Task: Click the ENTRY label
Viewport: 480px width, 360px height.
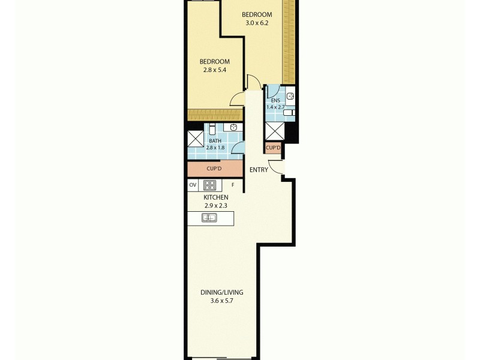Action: click(259, 170)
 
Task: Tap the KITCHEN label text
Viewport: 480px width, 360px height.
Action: click(215, 197)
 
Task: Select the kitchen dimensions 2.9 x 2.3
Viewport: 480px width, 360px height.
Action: click(215, 205)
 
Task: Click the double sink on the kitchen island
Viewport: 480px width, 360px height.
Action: click(209, 218)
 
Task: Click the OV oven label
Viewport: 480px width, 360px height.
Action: click(193, 185)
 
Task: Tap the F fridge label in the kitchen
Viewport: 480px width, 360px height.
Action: click(233, 185)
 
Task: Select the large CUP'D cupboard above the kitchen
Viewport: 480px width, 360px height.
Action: click(215, 169)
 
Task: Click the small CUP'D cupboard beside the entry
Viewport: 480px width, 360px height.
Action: click(273, 147)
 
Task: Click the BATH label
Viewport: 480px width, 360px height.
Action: click(215, 140)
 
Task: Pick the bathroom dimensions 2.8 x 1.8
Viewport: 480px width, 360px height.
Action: click(215, 147)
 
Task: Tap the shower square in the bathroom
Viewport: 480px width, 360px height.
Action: click(196, 139)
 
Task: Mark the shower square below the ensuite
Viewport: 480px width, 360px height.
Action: click(274, 131)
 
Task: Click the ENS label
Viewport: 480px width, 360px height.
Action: click(275, 100)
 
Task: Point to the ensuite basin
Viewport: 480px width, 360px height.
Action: click(290, 96)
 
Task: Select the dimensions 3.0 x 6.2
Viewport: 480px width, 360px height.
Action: click(257, 23)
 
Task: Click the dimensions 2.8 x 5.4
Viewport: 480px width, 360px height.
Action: click(214, 70)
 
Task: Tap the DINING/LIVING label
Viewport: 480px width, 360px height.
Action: click(221, 293)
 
